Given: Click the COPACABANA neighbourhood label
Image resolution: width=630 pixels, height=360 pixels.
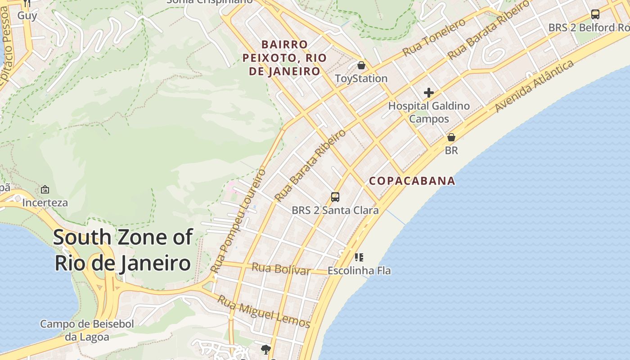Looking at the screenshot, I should click(412, 181).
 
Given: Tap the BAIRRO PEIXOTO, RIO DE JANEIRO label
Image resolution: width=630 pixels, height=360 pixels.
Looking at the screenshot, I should click(284, 58).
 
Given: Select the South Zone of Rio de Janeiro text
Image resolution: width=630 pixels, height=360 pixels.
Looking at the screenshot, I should click(123, 250).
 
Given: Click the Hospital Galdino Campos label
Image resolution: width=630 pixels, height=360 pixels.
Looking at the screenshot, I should click(429, 112).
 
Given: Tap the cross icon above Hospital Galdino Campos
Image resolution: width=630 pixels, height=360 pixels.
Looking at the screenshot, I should click(429, 93).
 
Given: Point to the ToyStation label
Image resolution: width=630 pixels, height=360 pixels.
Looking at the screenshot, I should click(361, 79).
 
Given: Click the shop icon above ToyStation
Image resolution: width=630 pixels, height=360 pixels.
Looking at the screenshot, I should click(361, 66).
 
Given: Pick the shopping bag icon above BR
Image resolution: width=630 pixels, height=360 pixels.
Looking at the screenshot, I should click(451, 137).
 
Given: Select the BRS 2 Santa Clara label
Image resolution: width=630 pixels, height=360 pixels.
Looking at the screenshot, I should click(335, 210).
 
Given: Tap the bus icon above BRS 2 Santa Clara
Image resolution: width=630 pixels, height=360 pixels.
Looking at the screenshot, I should click(335, 197).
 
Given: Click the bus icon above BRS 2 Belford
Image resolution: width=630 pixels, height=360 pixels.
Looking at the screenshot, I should click(595, 14).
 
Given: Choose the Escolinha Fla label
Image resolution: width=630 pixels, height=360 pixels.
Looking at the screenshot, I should click(359, 271).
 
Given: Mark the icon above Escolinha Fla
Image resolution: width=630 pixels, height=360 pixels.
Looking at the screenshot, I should click(359, 257).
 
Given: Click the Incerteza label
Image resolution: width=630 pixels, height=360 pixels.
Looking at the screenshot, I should click(45, 202).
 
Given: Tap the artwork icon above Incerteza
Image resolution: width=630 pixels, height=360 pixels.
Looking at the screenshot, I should click(45, 189).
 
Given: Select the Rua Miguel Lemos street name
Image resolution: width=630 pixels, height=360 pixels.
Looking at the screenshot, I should click(264, 311).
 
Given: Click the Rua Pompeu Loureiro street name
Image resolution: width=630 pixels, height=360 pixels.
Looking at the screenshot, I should click(238, 220).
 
